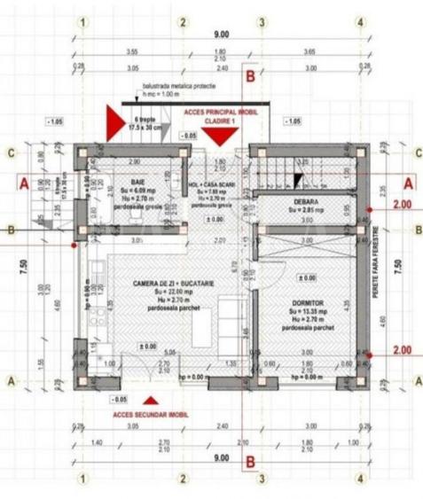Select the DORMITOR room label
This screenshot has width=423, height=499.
[307, 302]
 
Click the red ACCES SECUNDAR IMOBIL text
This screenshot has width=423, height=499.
[149, 414]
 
